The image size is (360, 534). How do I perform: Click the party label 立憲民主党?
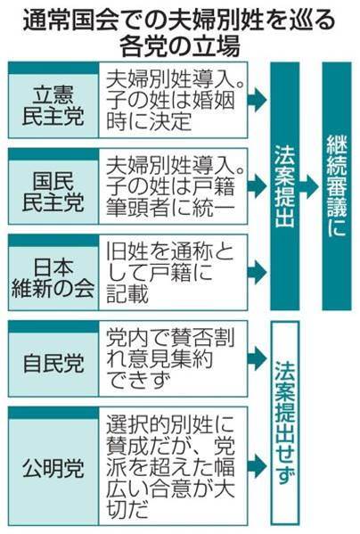[x=53, y=105]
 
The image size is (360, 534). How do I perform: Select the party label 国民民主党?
[x=53, y=192]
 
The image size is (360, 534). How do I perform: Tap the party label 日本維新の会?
[x=53, y=277]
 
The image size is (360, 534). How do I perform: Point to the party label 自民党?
[x=53, y=364]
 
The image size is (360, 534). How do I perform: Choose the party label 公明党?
[x=53, y=468]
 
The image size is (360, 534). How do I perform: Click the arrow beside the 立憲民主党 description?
[x=258, y=100]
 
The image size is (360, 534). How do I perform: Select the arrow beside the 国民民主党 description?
[x=258, y=186]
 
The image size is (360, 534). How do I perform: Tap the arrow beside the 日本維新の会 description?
[x=258, y=272]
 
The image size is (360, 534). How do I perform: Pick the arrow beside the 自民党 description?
[x=258, y=357]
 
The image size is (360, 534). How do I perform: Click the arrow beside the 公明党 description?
[x=258, y=466]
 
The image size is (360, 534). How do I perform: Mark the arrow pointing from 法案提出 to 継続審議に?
[x=309, y=186]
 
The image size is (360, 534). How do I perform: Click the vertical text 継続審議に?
[x=337, y=186]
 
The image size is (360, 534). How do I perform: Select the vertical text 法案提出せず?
[x=285, y=423]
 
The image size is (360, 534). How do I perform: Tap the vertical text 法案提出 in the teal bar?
[x=285, y=186]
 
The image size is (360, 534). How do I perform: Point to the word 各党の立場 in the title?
[x=180, y=45]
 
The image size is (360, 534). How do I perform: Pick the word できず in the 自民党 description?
[x=138, y=380]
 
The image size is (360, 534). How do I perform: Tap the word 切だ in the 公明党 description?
[x=128, y=509]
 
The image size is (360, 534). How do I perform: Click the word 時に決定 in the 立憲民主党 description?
[x=149, y=121]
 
